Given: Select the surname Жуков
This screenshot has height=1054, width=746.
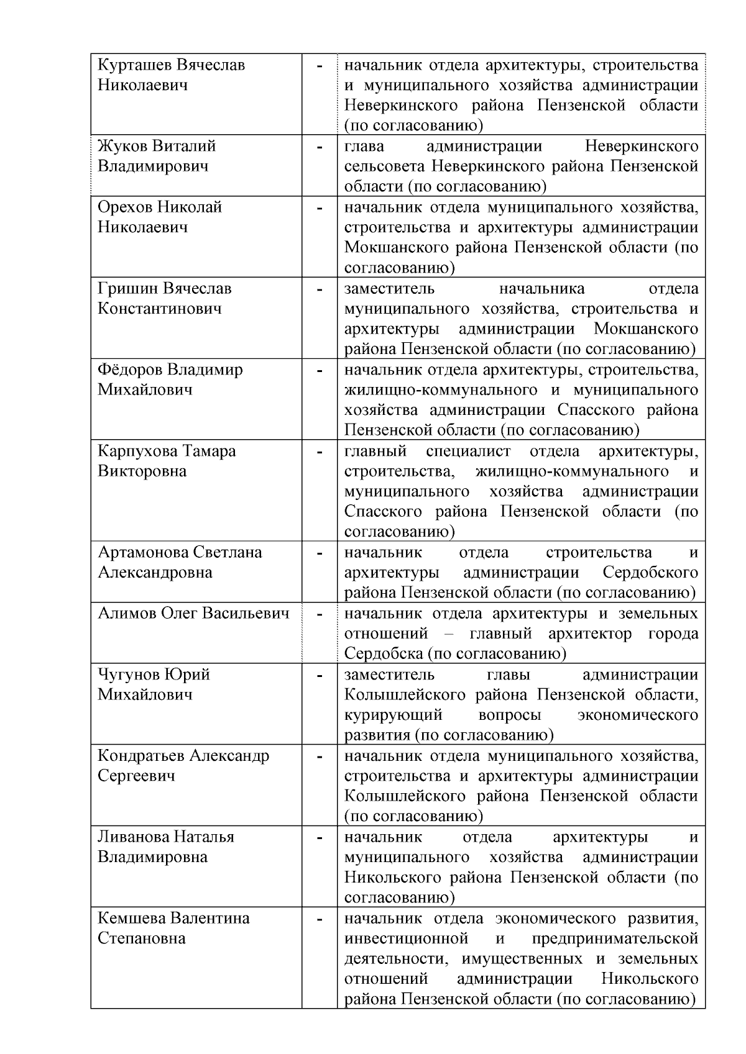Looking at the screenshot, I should click(121, 147).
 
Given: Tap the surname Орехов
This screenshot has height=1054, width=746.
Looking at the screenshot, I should click(124, 207).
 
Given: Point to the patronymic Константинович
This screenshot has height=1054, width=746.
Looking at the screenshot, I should click(160, 309).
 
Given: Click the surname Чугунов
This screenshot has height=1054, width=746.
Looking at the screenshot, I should click(127, 675).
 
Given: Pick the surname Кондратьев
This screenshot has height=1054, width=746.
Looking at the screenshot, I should click(140, 756).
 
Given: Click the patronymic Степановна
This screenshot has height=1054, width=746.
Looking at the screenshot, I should click(142, 938).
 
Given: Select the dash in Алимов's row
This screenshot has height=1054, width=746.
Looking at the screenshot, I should click(320, 614).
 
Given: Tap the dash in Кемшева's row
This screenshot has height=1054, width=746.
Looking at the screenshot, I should click(320, 919).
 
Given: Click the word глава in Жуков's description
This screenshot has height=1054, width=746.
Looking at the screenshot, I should click(364, 147).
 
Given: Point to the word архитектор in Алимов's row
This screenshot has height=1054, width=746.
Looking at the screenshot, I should click(590, 634).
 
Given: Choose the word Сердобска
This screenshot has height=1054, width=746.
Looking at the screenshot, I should click(379, 654).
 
